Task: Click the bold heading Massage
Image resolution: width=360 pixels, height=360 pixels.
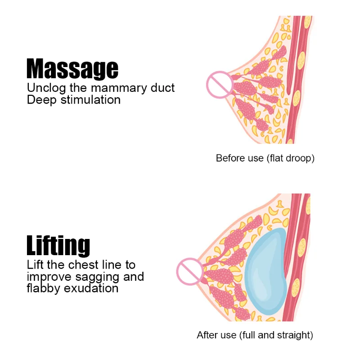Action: click(x=72, y=69)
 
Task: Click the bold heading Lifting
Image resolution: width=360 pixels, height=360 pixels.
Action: click(x=58, y=246)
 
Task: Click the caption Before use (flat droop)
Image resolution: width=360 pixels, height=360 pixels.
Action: click(x=265, y=158)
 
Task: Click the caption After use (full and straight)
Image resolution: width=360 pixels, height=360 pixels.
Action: click(x=255, y=335)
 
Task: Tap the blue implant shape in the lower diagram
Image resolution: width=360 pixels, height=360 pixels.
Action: click(x=266, y=273)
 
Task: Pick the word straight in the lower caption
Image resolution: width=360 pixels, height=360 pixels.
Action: click(x=295, y=335)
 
